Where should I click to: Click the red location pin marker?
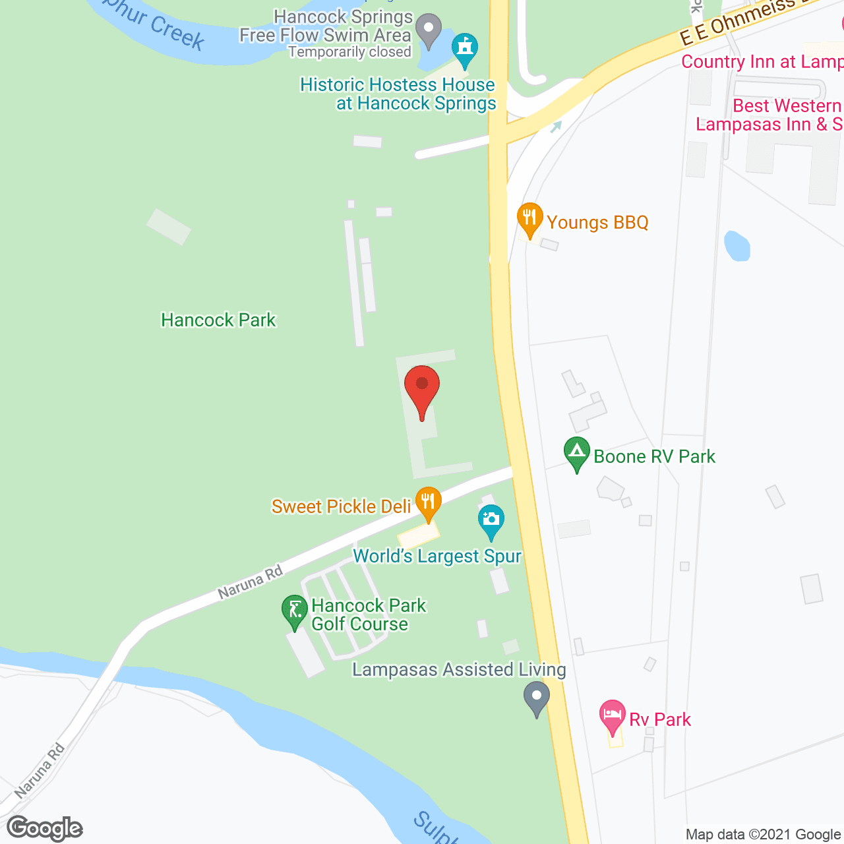tap(422, 386)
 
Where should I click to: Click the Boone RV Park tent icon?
tap(577, 454)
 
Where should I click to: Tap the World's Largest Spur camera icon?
tap(491, 520)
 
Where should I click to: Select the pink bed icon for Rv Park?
tap(612, 715)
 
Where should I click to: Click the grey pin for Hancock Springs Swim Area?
tap(429, 30)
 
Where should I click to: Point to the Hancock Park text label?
tap(218, 320)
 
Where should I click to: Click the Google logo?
tap(45, 828)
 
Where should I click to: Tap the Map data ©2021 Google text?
tap(764, 835)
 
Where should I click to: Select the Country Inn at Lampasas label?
tap(762, 62)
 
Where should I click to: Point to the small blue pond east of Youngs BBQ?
tap(737, 245)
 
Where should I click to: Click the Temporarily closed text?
tap(349, 52)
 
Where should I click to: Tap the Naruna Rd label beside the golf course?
tap(251, 582)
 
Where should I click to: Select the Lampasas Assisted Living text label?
tap(459, 670)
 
